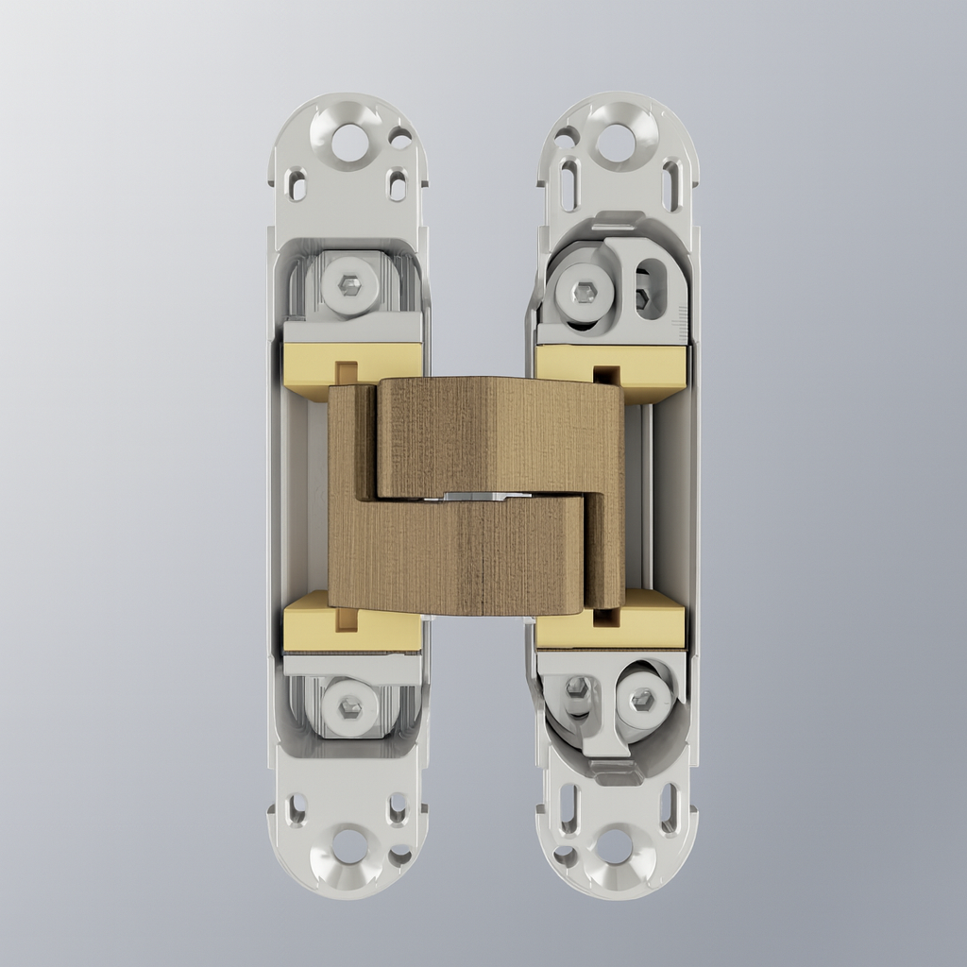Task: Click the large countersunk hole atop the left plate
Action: [x=350, y=143]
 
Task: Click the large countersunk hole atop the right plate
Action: [x=616, y=143]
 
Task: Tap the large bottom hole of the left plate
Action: [x=350, y=846]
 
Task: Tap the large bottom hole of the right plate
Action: [x=615, y=846]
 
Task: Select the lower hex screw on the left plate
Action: [x=350, y=705]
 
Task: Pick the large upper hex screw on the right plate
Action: [x=579, y=290]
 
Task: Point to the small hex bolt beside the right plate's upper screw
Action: [x=643, y=298]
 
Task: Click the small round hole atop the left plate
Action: [x=400, y=139]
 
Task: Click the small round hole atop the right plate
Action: [x=566, y=139]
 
